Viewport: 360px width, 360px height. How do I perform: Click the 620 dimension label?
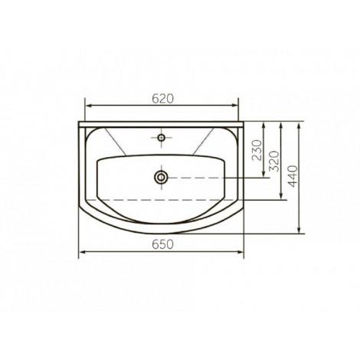click(x=162, y=99)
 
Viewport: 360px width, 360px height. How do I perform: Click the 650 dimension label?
click(x=162, y=244)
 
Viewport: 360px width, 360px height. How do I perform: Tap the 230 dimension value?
click(x=257, y=150)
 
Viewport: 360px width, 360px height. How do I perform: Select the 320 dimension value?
click(x=274, y=161)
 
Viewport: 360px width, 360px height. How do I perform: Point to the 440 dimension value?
click(x=293, y=176)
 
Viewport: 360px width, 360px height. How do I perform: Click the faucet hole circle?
click(x=161, y=138)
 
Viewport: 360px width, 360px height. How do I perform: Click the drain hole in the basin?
click(x=161, y=177)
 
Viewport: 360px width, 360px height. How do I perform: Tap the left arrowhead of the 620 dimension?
click(x=88, y=106)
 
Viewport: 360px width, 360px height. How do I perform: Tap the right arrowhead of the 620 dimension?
click(x=234, y=106)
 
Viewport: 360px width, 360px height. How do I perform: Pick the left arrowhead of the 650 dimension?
click(x=82, y=252)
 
